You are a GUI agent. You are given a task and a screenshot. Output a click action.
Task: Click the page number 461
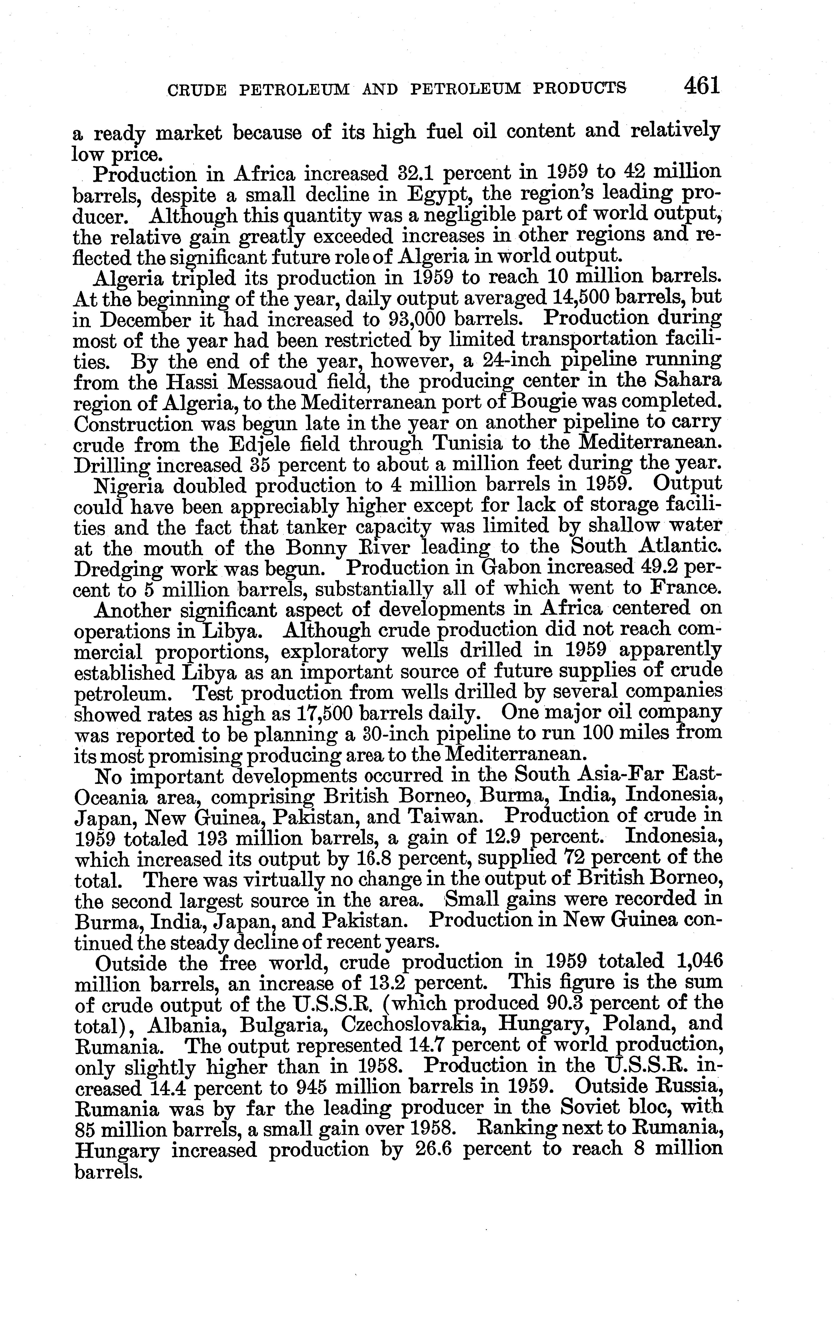coord(701,86)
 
